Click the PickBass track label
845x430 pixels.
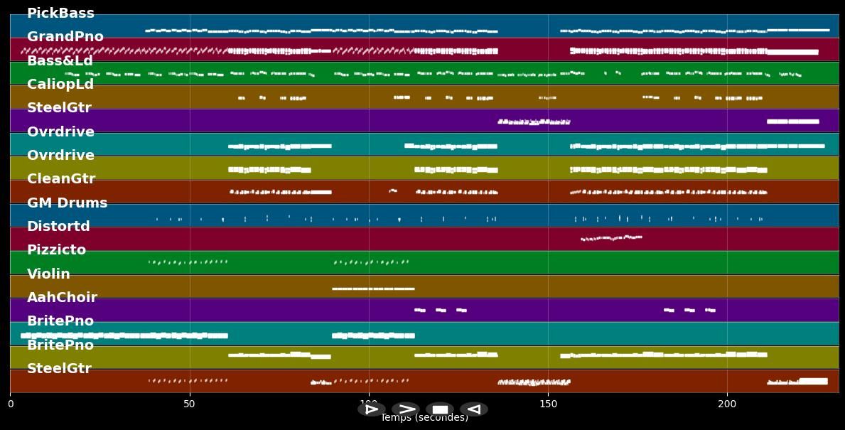point(60,14)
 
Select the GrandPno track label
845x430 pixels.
point(65,37)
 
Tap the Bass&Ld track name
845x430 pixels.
point(60,61)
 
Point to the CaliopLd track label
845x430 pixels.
point(60,85)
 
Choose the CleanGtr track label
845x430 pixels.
point(61,179)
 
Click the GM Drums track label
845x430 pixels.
point(67,203)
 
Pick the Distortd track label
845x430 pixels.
point(58,227)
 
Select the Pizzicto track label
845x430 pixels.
point(56,250)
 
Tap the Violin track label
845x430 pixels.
point(48,274)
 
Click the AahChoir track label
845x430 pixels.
point(62,298)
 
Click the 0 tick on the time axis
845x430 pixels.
point(10,404)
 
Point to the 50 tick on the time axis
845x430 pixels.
point(189,404)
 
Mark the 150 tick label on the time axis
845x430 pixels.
point(548,404)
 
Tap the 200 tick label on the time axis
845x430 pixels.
point(727,404)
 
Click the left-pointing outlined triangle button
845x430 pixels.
point(474,409)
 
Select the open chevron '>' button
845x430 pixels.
point(406,409)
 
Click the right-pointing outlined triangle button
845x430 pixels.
point(371,409)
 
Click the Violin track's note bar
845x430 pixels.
point(373,289)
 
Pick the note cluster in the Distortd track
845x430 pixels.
point(611,238)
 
